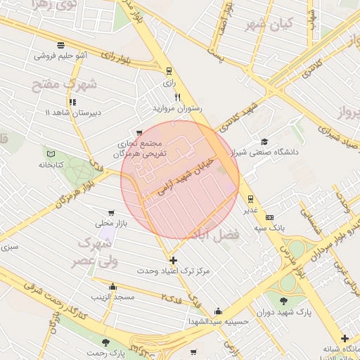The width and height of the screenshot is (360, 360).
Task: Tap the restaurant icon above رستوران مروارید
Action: (x=178, y=97)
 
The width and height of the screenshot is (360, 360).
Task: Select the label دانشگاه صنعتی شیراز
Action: (x=270, y=151)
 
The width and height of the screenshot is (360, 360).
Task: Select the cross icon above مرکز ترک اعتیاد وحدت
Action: (x=174, y=260)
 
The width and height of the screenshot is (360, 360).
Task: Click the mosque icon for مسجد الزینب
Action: (x=113, y=286)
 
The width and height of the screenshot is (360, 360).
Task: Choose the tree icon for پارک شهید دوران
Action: (x=283, y=301)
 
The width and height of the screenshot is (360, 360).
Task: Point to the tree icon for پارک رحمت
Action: (x=105, y=342)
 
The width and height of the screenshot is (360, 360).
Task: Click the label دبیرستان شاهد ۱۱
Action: (x=72, y=112)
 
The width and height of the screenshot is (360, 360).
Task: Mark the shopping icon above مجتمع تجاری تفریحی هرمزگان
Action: (x=139, y=132)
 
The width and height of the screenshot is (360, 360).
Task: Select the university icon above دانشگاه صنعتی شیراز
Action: (x=264, y=141)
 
